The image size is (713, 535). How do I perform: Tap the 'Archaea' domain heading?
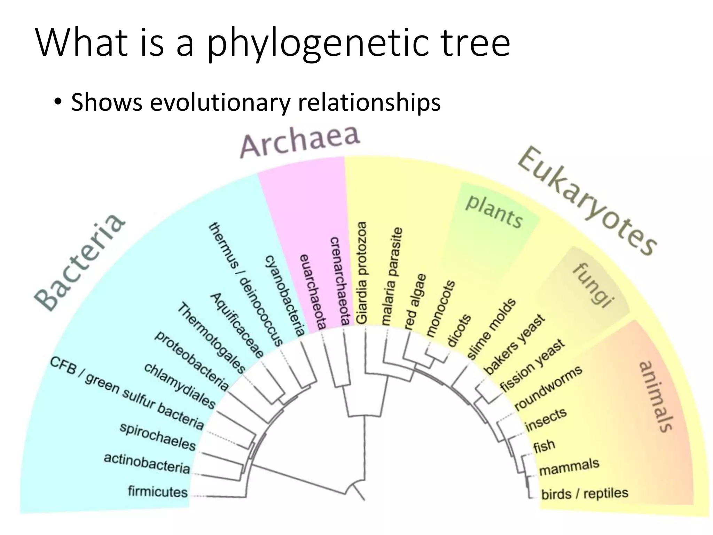tap(300, 141)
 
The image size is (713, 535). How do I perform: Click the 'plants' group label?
tap(494, 211)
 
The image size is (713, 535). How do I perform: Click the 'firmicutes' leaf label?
tap(158, 491)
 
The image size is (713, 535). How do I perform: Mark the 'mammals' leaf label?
tap(569, 467)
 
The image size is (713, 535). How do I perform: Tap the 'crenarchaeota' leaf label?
tap(339, 281)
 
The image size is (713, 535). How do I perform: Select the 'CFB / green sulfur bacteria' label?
tap(127, 393)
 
